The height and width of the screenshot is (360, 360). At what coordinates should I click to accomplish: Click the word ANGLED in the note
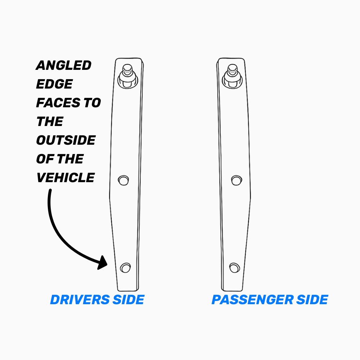[64, 66]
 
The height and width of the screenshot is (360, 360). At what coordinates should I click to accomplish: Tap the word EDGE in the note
[54, 84]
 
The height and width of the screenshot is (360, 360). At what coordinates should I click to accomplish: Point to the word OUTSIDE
[66, 140]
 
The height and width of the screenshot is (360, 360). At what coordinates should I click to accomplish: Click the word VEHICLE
[66, 177]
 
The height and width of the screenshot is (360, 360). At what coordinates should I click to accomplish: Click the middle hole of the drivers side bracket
[123, 180]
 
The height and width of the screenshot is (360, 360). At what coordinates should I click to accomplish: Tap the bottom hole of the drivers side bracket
[126, 267]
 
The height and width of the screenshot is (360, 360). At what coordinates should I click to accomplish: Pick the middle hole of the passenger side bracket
[236, 180]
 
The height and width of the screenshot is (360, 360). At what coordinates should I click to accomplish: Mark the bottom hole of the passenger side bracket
[235, 267]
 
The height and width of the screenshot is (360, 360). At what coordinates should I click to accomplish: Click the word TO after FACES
[92, 103]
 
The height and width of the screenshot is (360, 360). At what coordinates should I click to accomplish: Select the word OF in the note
[44, 159]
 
